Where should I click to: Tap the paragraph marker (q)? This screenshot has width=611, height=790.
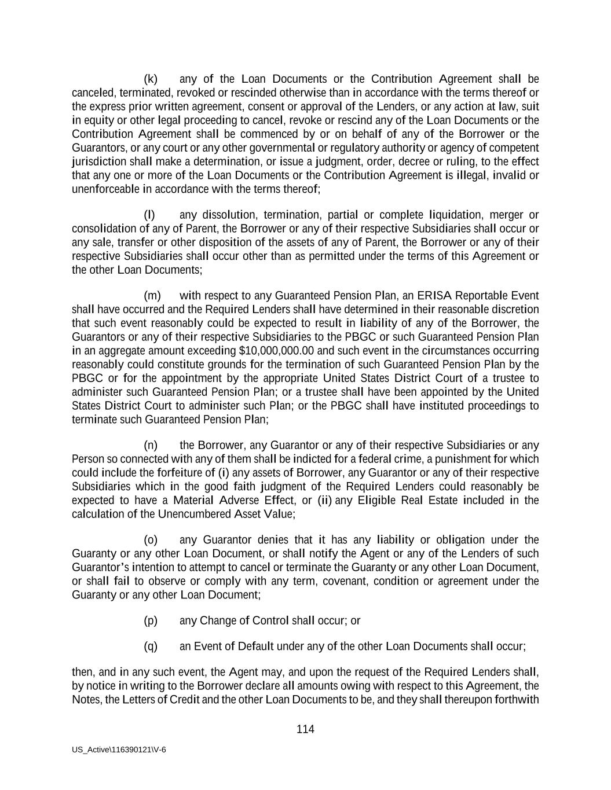151,646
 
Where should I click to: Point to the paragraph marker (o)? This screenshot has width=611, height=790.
151,540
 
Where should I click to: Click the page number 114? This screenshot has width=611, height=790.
305,729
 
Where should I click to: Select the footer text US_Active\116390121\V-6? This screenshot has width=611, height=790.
119,749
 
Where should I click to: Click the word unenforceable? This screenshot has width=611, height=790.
105,189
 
